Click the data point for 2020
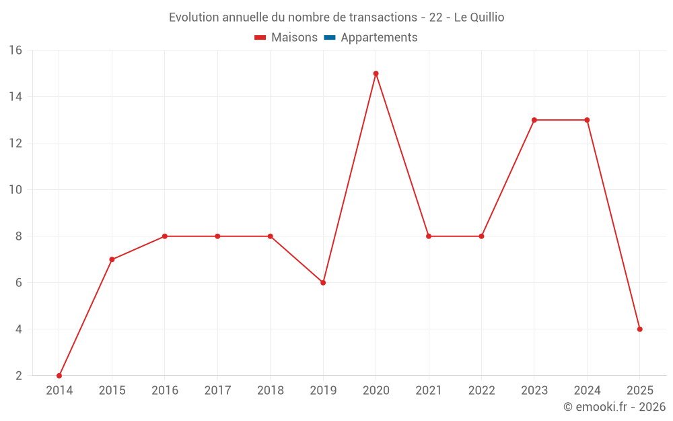pyautogui.click(x=376, y=73)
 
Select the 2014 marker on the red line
pyautogui.click(x=59, y=375)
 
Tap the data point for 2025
pyautogui.click(x=639, y=329)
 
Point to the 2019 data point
pyautogui.click(x=323, y=283)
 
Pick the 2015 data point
pyautogui.click(x=112, y=259)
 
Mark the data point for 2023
pyautogui.click(x=534, y=120)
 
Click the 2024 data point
pyautogui.click(x=587, y=120)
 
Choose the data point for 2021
pyautogui.click(x=429, y=236)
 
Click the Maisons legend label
pyautogui.click(x=294, y=38)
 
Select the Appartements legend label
pyautogui.click(x=379, y=38)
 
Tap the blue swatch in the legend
pyautogui.click(x=329, y=38)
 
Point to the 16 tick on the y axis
pyautogui.click(x=15, y=51)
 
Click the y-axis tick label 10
pyautogui.click(x=15, y=190)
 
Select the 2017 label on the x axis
pyautogui.click(x=217, y=391)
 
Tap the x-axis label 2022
pyautogui.click(x=481, y=391)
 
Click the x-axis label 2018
pyautogui.click(x=270, y=391)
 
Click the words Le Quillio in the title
pyautogui.click(x=479, y=18)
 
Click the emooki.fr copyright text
pyautogui.click(x=614, y=407)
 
